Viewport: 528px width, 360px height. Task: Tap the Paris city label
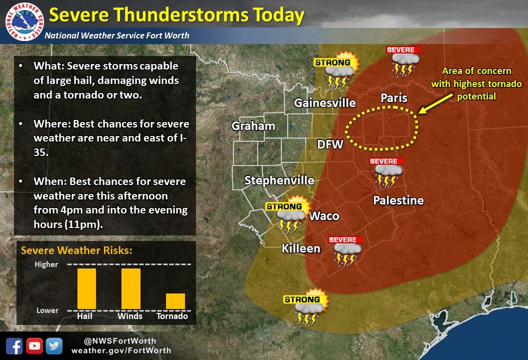click(394, 98)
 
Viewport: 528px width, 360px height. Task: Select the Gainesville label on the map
click(324, 103)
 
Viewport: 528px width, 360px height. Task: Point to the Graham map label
click(253, 126)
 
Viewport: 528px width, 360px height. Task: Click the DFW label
click(330, 145)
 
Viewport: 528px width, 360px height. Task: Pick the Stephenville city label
click(279, 180)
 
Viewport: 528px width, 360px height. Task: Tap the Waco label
click(324, 216)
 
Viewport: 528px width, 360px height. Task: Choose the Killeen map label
click(300, 248)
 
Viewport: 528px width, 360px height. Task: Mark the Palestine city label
click(398, 200)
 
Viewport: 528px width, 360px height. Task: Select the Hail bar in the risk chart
click(86, 288)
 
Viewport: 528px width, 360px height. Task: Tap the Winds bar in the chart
click(131, 288)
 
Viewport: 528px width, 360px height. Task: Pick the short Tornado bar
click(175, 301)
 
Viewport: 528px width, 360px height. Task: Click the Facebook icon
click(14, 346)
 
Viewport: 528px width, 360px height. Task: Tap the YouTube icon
click(34, 346)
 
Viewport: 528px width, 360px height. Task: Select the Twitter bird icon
click(53, 346)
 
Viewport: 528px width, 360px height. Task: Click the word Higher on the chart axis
click(46, 264)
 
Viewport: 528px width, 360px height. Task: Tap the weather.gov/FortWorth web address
click(121, 350)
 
